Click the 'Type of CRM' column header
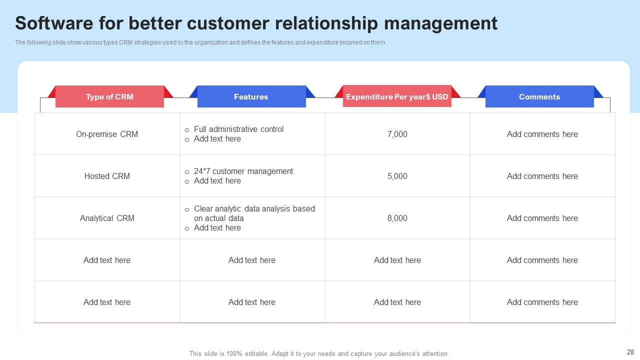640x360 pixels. tap(109, 96)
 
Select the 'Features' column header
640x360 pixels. tap(251, 96)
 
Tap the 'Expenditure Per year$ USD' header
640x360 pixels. tap(397, 96)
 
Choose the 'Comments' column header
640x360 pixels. tap(539, 96)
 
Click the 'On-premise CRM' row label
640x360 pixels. tap(107, 134)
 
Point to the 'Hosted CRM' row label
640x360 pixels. tap(107, 176)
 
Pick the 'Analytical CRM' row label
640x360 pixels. tap(107, 218)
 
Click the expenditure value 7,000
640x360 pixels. tap(397, 134)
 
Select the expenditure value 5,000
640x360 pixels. tap(397, 176)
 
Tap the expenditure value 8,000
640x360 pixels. tap(397, 218)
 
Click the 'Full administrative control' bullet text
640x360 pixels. tap(238, 129)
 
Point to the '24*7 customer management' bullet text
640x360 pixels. tap(243, 171)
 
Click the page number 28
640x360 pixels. tap(629, 352)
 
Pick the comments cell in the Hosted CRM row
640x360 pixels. tap(542, 176)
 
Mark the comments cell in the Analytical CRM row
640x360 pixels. tap(542, 218)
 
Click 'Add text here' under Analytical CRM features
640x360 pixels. tap(217, 227)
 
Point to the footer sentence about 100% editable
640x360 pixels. tap(319, 353)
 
